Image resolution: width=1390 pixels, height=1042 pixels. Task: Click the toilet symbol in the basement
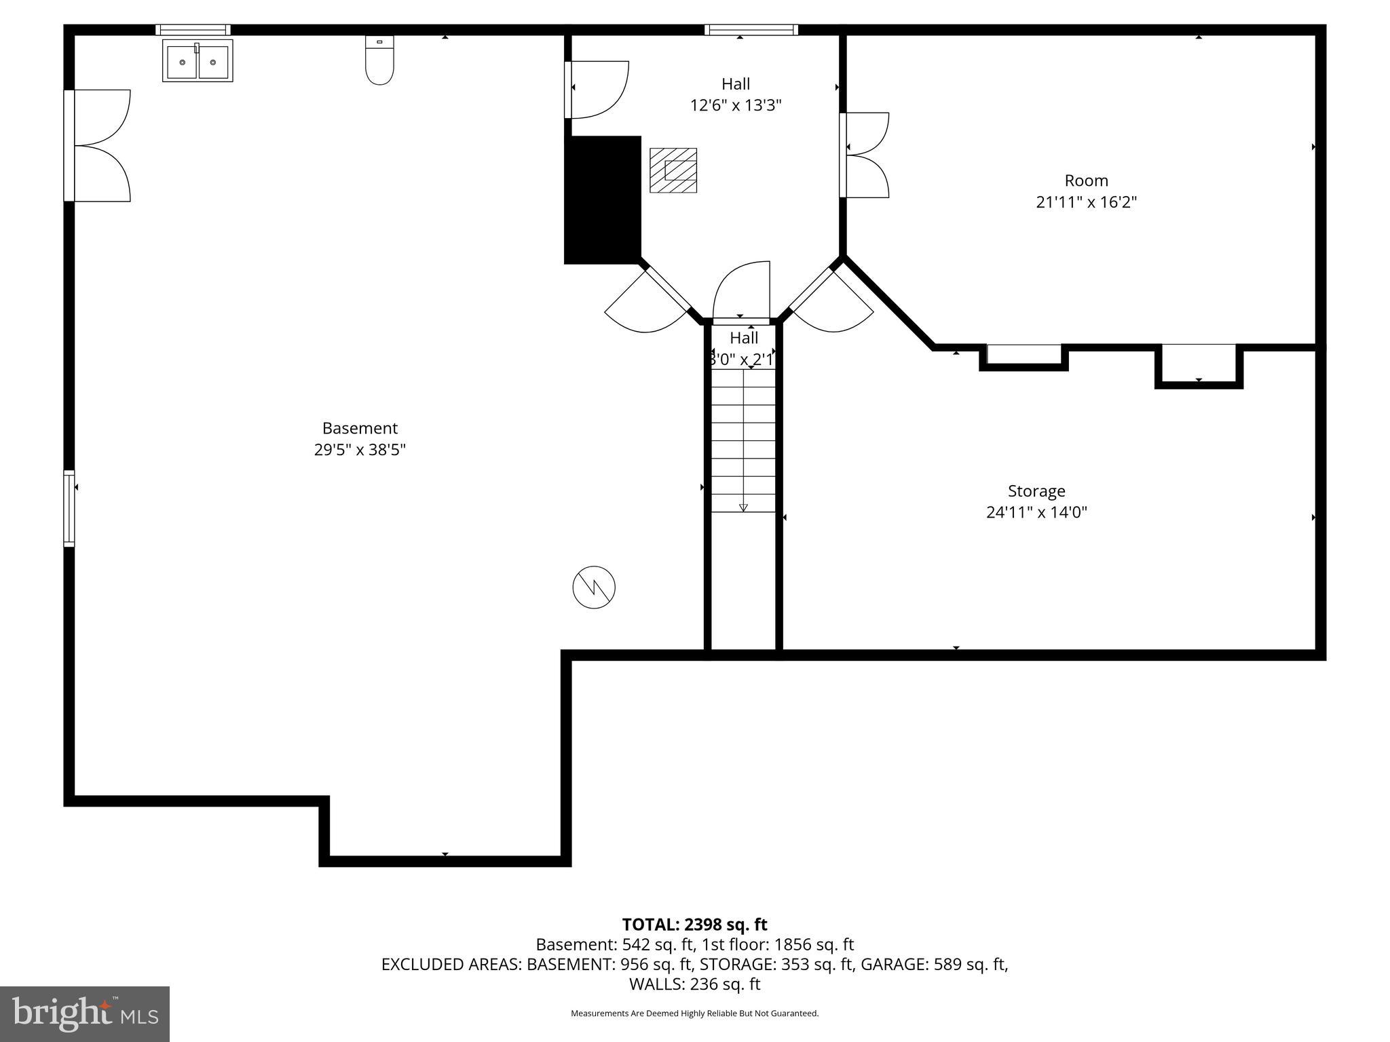(379, 60)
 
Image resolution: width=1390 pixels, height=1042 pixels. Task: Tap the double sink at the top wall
(198, 61)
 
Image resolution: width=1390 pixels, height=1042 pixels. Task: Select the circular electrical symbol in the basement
(594, 587)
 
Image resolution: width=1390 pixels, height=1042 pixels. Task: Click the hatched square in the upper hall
(673, 170)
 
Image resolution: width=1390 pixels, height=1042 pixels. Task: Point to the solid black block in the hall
(603, 199)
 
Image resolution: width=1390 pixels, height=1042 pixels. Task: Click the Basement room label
(360, 428)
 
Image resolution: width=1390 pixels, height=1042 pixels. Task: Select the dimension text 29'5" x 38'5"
(360, 450)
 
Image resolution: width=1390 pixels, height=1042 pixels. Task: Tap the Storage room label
(1036, 490)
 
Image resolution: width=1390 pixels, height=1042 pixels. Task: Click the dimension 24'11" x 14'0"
(1036, 512)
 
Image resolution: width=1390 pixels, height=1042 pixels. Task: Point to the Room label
(1086, 180)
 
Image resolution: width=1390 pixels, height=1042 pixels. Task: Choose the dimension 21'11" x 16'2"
(1086, 202)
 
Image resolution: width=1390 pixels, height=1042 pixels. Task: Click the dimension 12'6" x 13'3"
(736, 105)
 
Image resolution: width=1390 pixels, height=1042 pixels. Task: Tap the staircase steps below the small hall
(743, 441)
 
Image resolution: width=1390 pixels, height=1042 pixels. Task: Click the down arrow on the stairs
(743, 506)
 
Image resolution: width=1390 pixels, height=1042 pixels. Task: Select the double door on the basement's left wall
(98, 146)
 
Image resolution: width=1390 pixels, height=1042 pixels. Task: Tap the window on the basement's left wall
(69, 508)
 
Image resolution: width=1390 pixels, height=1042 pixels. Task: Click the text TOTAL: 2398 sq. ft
(694, 925)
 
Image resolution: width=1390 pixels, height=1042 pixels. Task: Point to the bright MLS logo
(85, 1014)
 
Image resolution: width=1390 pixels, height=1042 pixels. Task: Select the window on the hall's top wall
(751, 30)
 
